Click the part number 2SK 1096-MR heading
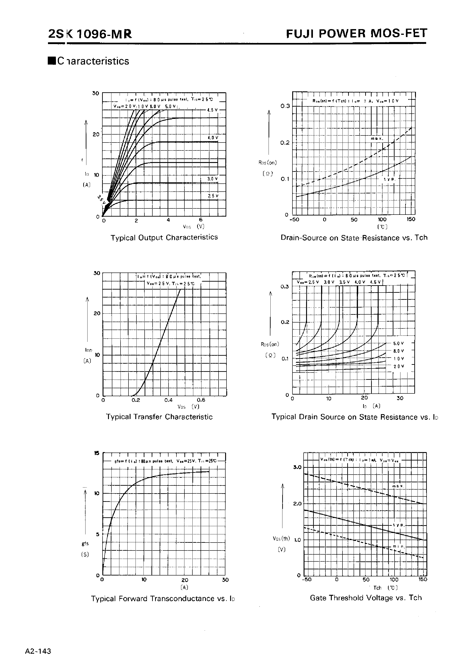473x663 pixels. (x=90, y=34)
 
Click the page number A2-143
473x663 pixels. (x=38, y=651)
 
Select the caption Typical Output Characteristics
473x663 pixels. (x=164, y=238)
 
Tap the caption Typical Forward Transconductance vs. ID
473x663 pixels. (x=163, y=598)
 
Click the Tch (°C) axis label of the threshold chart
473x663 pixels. (x=385, y=588)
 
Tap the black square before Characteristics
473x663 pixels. (x=52, y=61)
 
